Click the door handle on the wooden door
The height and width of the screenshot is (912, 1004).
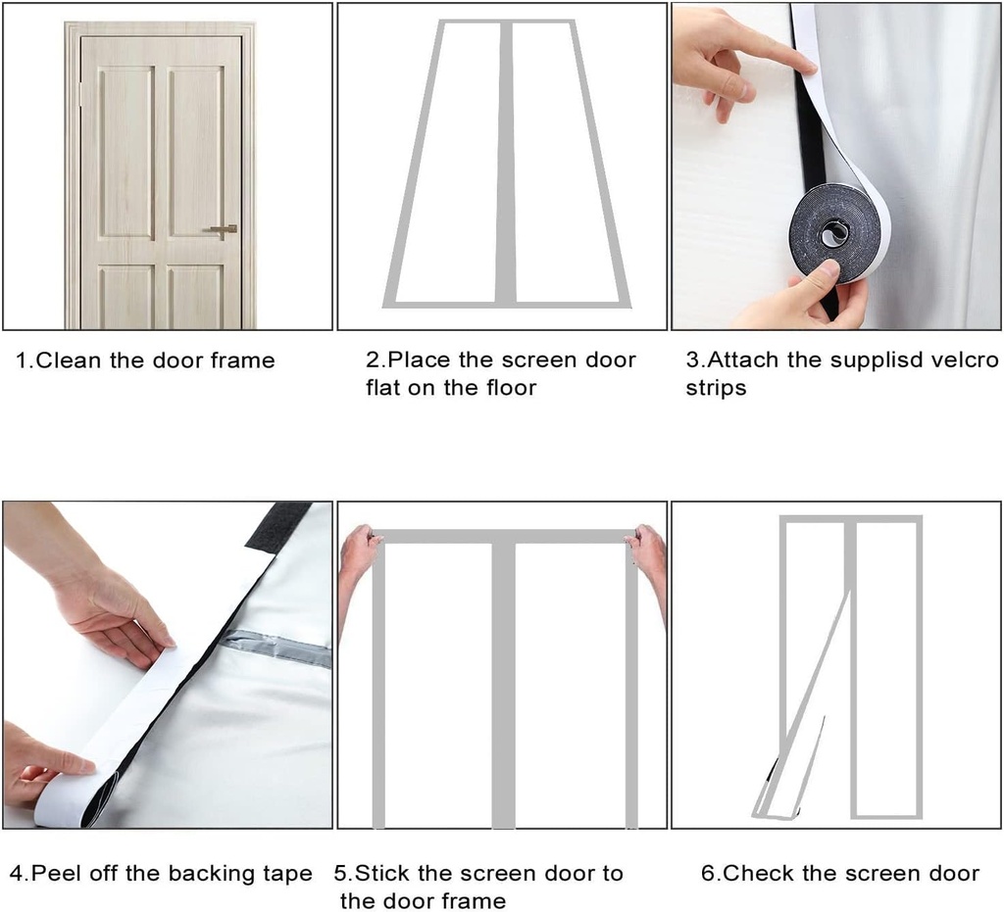pyautogui.click(x=222, y=229)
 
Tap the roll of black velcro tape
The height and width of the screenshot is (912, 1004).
pyautogui.click(x=833, y=232)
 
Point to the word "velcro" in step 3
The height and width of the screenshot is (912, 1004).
pyautogui.click(x=965, y=360)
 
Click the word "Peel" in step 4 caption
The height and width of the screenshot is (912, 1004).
pyautogui.click(x=56, y=873)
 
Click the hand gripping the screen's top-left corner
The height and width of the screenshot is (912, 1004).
pyautogui.click(x=358, y=553)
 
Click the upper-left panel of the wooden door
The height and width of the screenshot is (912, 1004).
pyautogui.click(x=125, y=152)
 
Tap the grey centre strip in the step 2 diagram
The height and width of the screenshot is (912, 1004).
pyautogui.click(x=505, y=162)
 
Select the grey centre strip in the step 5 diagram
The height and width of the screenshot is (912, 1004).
pyautogui.click(x=503, y=686)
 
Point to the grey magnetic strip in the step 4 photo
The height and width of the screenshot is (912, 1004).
pyautogui.click(x=275, y=648)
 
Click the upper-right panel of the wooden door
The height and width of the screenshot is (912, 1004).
pyautogui.click(x=195, y=152)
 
